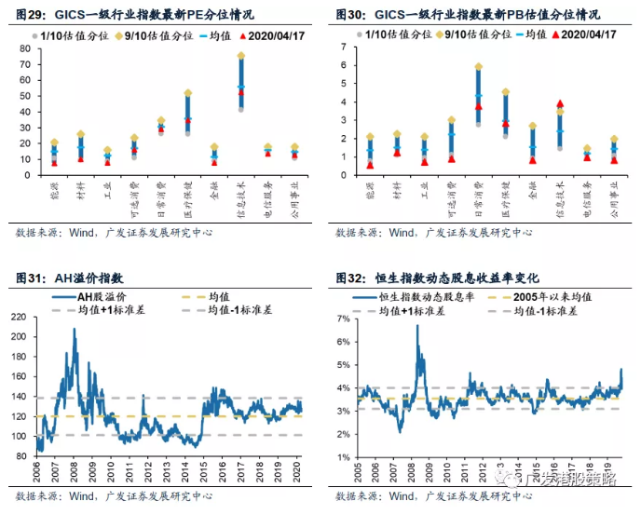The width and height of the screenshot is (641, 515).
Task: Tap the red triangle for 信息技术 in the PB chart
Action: click(x=560, y=104)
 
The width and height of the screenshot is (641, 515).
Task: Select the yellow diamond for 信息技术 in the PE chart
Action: click(x=240, y=56)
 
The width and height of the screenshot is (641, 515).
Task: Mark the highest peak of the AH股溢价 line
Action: click(x=75, y=329)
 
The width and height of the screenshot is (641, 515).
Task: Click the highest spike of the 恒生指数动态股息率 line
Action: click(x=416, y=326)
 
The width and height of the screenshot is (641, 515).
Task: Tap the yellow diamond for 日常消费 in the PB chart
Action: click(x=479, y=67)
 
